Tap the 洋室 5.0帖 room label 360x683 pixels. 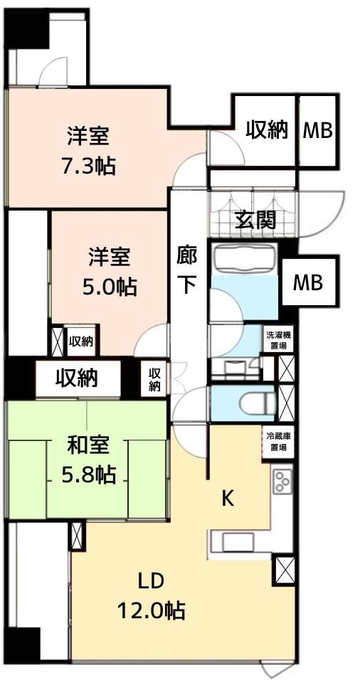(110, 271)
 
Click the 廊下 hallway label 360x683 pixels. (188, 270)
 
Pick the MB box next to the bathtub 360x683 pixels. (309, 282)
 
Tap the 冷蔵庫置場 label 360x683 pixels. (277, 441)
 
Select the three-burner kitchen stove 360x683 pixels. (282, 482)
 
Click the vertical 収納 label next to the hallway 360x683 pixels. (154, 378)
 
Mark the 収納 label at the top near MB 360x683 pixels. (268, 129)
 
